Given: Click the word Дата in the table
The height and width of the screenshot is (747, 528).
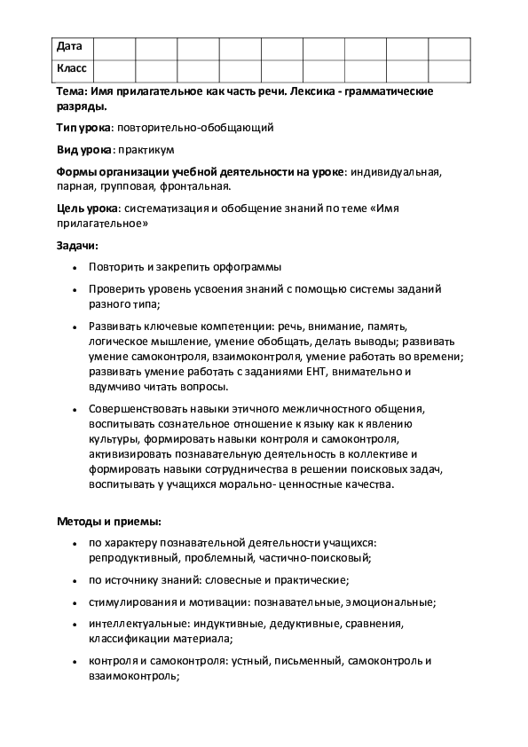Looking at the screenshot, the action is coord(70,46).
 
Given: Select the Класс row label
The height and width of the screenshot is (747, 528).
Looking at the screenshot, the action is coord(72,68).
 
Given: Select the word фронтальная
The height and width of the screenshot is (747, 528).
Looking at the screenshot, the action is coord(198,186).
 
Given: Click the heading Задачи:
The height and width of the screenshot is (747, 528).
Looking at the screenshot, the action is coord(77,245).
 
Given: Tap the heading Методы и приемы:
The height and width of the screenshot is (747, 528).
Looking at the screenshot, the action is coord(109,521).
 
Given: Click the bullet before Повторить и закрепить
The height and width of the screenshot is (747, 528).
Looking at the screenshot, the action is coord(71,267).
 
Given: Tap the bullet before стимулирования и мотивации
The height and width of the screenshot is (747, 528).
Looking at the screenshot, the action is coord(71,602).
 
